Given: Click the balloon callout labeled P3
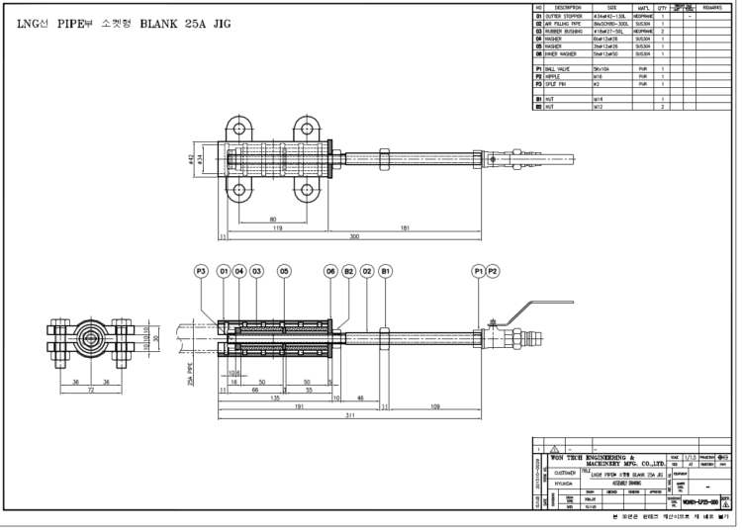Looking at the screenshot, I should [201, 270].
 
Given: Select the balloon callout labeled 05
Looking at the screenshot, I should [284, 270].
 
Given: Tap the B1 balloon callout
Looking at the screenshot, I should [386, 270].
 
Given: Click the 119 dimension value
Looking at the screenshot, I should [278, 228].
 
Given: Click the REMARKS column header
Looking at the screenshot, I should [715, 7].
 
